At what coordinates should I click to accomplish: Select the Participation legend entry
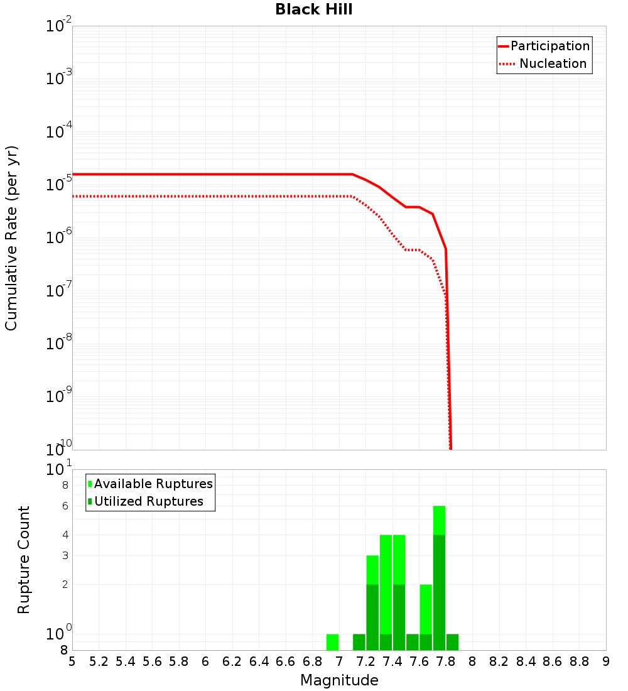tap(550, 46)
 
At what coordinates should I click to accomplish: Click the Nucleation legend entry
tap(553, 63)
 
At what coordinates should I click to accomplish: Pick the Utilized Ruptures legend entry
tap(148, 501)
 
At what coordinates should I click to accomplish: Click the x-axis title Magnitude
tap(339, 680)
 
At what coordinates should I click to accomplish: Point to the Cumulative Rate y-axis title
tap(11, 238)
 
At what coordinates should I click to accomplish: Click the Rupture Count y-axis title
tap(24, 560)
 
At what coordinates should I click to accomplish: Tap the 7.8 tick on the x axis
tap(446, 661)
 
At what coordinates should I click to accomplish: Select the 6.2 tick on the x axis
tap(232, 661)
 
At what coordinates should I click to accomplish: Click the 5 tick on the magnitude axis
tap(72, 661)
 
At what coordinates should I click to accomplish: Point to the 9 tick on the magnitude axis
tap(606, 661)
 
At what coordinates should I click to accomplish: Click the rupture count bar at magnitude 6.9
tap(333, 642)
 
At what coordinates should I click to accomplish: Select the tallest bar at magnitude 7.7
tap(440, 578)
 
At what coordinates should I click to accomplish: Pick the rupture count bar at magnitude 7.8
tap(453, 642)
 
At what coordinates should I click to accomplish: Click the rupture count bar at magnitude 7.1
tap(359, 642)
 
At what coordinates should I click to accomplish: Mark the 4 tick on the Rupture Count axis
tap(65, 535)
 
